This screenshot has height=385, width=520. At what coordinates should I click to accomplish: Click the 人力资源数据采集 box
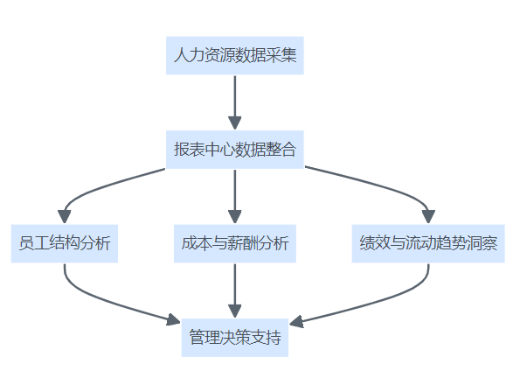(x=235, y=55)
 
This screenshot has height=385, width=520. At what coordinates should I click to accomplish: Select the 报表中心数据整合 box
(x=235, y=150)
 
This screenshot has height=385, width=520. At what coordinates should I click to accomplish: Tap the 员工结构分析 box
(x=65, y=243)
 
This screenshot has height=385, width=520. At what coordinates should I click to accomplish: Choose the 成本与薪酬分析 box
(x=235, y=243)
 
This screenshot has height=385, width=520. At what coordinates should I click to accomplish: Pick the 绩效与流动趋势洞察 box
(x=428, y=243)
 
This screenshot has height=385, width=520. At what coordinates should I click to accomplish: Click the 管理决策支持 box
(x=235, y=338)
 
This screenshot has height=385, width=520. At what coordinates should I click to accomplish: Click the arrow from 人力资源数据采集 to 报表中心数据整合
(x=235, y=102)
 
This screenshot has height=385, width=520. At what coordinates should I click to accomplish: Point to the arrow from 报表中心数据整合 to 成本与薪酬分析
(x=235, y=197)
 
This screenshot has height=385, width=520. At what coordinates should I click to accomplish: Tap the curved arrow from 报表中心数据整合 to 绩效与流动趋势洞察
(x=385, y=186)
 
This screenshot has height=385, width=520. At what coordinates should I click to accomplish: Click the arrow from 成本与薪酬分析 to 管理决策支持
(x=235, y=290)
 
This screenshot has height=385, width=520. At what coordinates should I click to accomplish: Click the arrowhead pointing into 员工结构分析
(x=65, y=217)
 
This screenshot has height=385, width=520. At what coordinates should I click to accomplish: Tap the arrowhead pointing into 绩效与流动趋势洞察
(x=428, y=217)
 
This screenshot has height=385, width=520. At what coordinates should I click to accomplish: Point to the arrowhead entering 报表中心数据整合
(x=235, y=123)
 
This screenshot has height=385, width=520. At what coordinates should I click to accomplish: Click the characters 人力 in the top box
(x=189, y=55)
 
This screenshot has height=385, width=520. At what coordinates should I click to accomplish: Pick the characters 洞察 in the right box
(x=482, y=243)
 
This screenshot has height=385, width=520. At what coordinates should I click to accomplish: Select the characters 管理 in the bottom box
(x=205, y=338)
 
